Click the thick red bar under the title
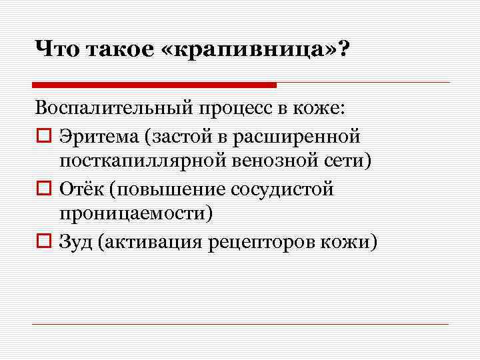[x=154, y=85]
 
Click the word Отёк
[x=81, y=189]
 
